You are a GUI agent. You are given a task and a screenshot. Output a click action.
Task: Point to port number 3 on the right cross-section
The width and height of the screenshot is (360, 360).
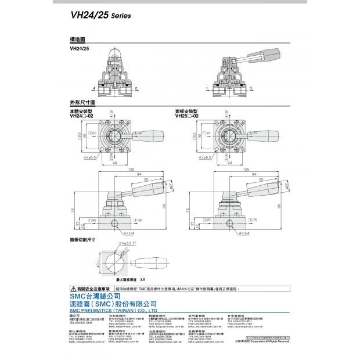[x=207, y=87]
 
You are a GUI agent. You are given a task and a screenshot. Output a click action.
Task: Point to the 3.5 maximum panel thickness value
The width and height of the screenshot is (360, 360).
[x=150, y=280]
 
